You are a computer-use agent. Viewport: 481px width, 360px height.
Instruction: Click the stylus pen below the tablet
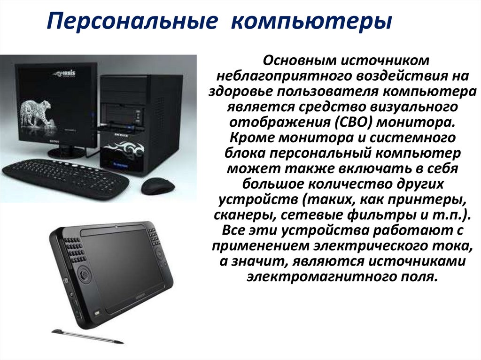[87, 336]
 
